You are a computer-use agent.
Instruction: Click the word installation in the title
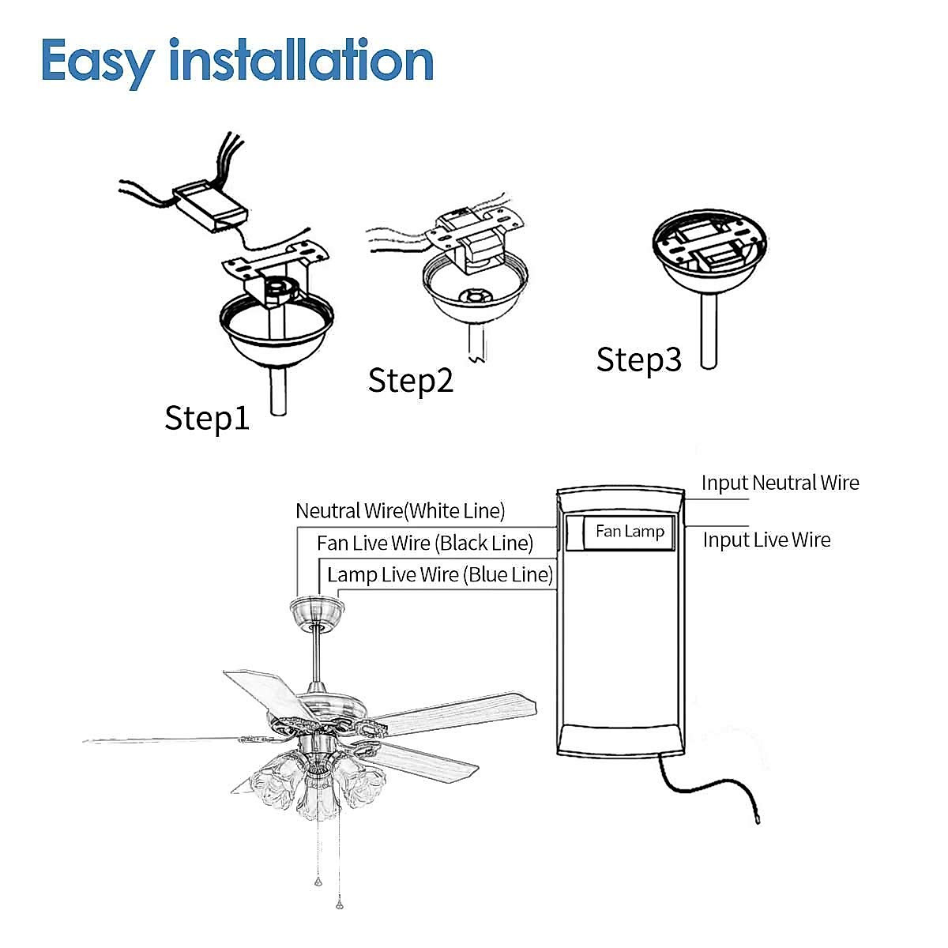(302, 61)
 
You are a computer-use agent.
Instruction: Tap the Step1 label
(207, 417)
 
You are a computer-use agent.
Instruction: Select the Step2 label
(411, 380)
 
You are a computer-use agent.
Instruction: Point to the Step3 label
(638, 359)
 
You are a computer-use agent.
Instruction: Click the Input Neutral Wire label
(780, 483)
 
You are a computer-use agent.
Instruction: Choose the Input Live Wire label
(766, 540)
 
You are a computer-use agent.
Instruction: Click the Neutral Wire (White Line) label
(400, 511)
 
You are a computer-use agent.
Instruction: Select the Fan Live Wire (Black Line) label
(425, 544)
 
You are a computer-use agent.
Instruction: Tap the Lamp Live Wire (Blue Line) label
(440, 574)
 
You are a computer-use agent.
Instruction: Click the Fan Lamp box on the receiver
(630, 532)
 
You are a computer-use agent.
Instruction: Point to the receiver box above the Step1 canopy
(209, 206)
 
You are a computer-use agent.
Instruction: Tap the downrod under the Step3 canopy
(709, 332)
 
